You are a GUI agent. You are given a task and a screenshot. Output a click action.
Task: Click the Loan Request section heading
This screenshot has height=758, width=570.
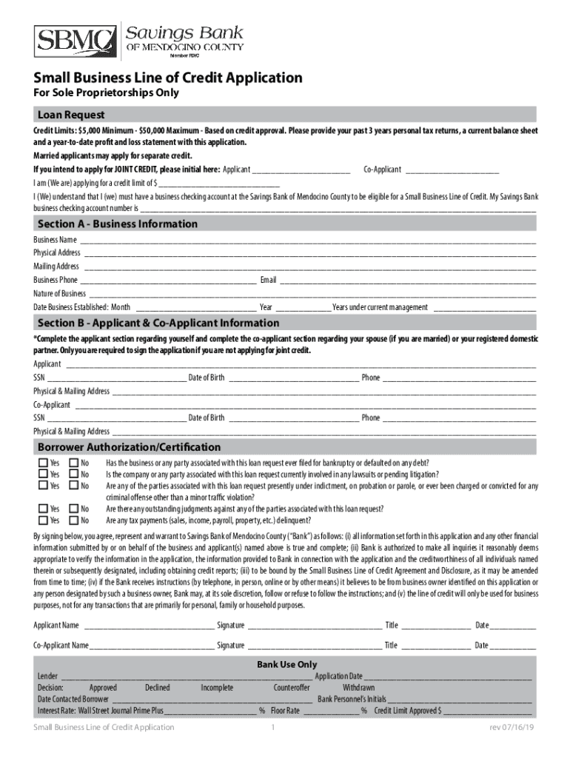coord(71,115)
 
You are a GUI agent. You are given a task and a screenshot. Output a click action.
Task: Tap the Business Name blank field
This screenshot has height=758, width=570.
coord(307,241)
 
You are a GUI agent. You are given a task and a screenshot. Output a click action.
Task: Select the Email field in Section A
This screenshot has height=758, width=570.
coord(407,281)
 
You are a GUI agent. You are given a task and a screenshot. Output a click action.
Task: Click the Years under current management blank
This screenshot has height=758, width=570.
coord(484,307)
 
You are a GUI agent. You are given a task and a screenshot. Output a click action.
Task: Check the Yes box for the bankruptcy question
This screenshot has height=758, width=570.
coord(43,463)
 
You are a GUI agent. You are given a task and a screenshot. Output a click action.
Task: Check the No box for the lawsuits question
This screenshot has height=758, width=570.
coord(73,474)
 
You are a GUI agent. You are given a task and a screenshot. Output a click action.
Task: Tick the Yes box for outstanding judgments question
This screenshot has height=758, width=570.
coord(43,509)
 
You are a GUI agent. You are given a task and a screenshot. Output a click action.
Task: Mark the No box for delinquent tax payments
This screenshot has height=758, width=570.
coord(73,520)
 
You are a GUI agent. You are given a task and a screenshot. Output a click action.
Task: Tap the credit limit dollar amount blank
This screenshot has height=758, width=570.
coord(219,183)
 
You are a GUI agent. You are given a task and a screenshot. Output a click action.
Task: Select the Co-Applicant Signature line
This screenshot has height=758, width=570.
coord(315,645)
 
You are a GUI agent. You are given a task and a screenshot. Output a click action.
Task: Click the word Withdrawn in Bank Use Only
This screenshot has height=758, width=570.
coord(358,688)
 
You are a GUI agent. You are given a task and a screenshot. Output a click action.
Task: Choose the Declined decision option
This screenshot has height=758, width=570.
coord(157,688)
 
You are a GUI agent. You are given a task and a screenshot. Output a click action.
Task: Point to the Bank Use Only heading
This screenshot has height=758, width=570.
coord(286,665)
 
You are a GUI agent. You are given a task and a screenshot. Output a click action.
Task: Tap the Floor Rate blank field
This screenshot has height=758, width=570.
coord(330,711)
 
